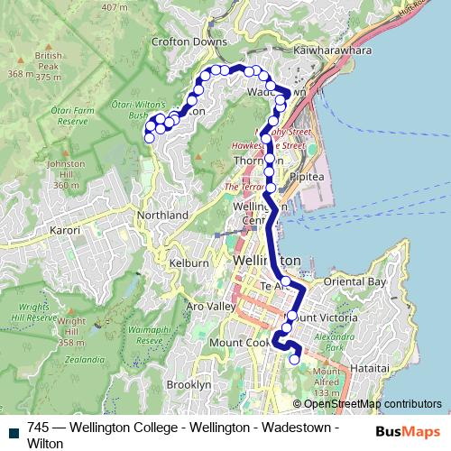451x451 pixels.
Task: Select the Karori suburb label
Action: tap(64, 231)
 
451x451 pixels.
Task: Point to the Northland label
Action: tap(162, 216)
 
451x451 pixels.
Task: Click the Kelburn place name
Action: tap(189, 262)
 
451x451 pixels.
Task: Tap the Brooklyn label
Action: tap(189, 384)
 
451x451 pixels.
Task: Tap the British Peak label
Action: tap(49, 60)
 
